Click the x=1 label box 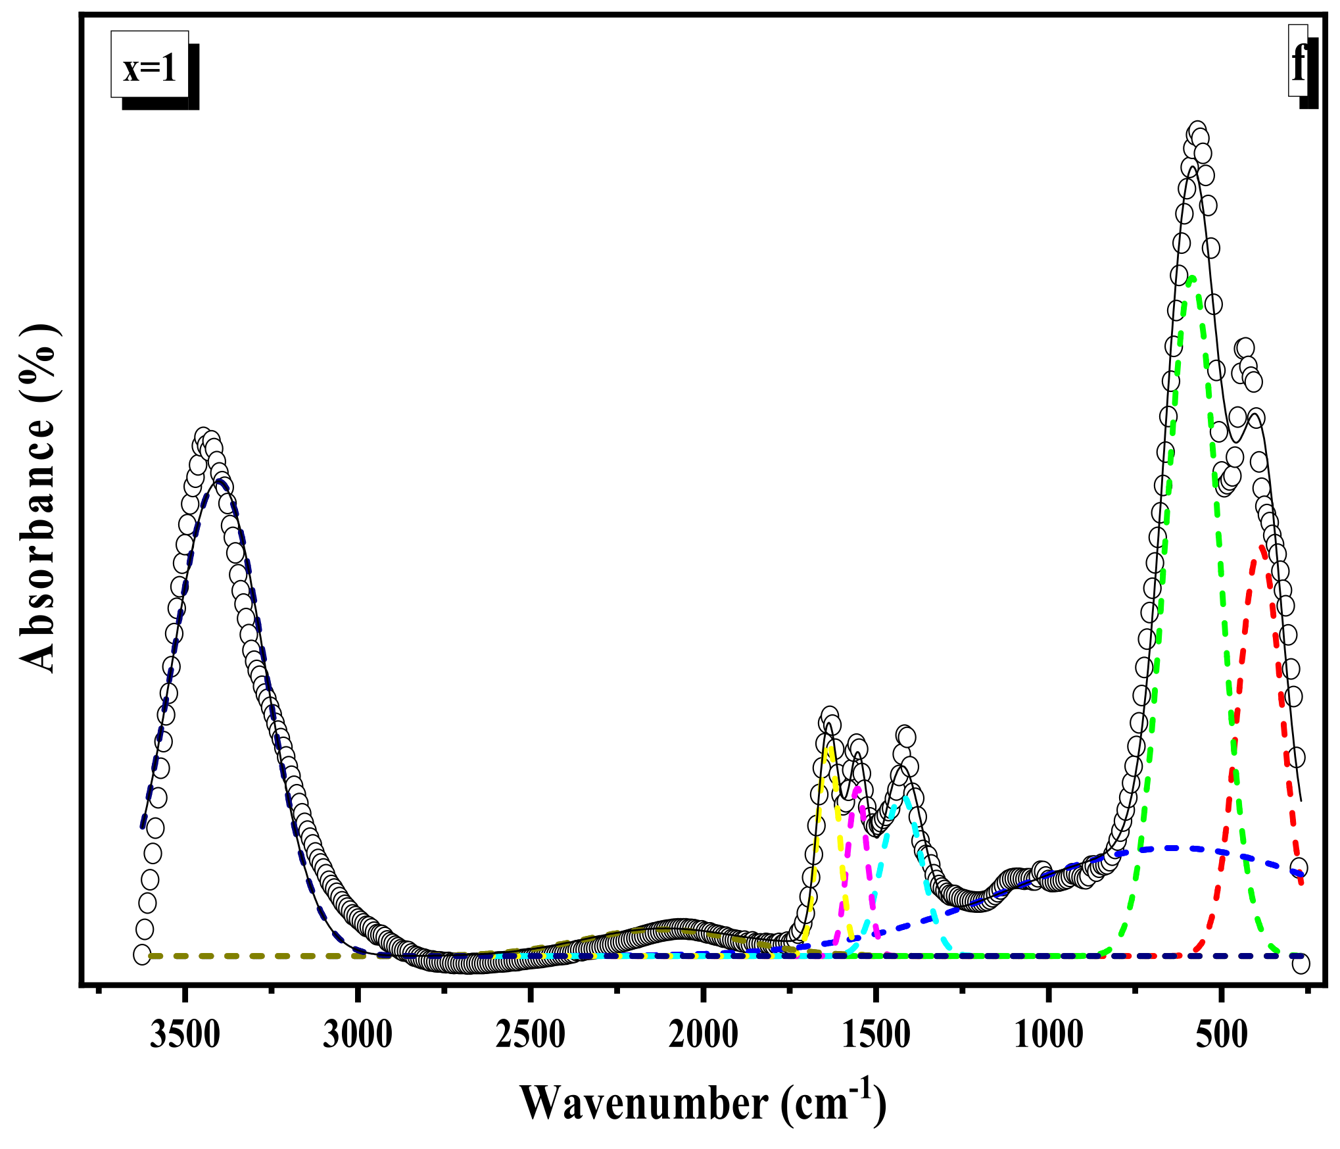pyautogui.click(x=150, y=64)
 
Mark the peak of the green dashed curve pyautogui.click(x=1192, y=279)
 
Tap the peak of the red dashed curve pyautogui.click(x=1262, y=547)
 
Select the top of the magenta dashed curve pyautogui.click(x=857, y=788)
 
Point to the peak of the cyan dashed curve pyautogui.click(x=906, y=797)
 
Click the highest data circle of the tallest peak pyautogui.click(x=1197, y=132)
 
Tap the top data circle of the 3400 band pyautogui.click(x=203, y=438)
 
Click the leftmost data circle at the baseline pyautogui.click(x=141, y=954)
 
